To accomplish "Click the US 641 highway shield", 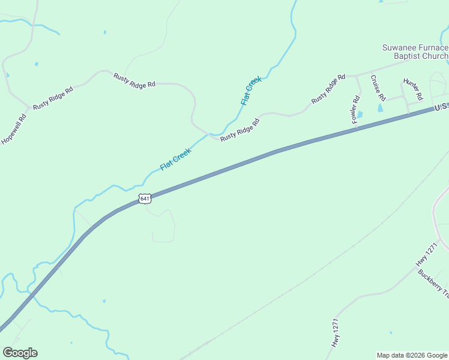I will click(144, 199).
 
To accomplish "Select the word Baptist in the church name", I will click(408, 56).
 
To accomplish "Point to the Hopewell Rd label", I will click(14, 130).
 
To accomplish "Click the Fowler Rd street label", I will click(356, 110).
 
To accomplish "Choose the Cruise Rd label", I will click(377, 88).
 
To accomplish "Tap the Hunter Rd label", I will click(413, 89).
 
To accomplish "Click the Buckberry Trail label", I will click(433, 283).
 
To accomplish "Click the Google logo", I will click(20, 353).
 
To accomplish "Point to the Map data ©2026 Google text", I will click(412, 355).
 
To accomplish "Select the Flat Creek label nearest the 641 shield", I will click(175, 159).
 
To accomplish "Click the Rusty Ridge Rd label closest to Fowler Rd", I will click(328, 89).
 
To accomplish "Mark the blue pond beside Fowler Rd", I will click(360, 115).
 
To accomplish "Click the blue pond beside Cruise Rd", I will click(380, 109).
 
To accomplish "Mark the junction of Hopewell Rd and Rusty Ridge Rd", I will click(28, 109).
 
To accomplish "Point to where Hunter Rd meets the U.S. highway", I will click(409, 113).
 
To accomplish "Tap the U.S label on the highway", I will click(441, 106).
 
